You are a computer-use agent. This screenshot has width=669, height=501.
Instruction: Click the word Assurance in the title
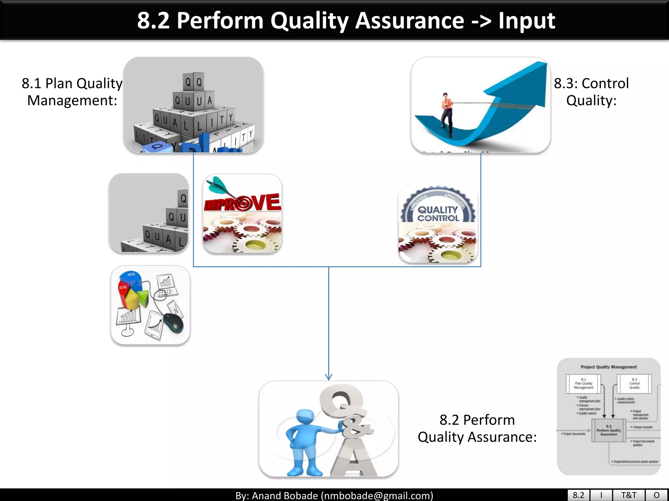(x=409, y=21)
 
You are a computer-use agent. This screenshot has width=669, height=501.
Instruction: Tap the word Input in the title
(x=527, y=21)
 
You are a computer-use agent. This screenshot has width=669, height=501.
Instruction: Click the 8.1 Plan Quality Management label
(x=72, y=92)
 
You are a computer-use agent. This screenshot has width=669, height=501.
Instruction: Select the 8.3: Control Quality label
(x=591, y=92)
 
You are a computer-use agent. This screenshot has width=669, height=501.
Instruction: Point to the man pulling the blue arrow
(x=447, y=114)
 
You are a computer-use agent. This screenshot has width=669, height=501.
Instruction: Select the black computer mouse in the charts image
(x=173, y=323)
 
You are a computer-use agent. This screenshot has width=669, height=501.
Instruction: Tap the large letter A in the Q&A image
(x=354, y=458)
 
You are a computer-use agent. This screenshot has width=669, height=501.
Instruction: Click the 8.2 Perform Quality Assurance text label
(x=477, y=428)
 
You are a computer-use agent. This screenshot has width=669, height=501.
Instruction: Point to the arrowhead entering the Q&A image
(x=329, y=377)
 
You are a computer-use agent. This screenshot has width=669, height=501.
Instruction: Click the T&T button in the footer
(x=628, y=495)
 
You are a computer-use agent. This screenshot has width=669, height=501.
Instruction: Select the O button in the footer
(x=657, y=495)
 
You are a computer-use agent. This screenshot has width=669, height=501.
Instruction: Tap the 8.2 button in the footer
(x=578, y=495)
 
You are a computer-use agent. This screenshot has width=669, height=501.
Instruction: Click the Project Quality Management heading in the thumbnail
(x=609, y=367)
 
